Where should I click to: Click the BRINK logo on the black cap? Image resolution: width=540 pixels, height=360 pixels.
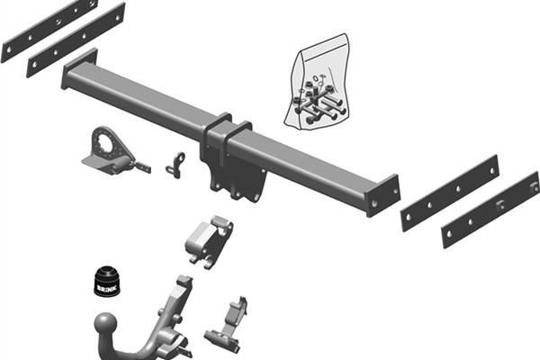107,288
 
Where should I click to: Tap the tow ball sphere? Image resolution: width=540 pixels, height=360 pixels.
105,324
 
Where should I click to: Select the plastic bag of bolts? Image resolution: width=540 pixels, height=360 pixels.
317,82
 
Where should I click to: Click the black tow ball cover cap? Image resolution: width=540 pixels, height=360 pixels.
107,281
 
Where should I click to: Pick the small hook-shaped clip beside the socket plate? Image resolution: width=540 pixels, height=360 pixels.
175,165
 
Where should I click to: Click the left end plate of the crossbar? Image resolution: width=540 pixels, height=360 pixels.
79,68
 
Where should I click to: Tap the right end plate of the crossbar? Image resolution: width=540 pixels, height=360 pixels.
382,195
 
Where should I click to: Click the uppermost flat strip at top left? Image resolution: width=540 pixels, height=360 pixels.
49,31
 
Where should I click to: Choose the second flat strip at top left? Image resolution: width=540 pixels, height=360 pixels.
76,40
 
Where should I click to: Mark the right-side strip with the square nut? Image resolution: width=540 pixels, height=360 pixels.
490,210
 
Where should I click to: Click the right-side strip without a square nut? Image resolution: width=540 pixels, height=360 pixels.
450,193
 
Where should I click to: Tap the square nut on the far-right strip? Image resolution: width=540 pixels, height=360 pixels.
500,204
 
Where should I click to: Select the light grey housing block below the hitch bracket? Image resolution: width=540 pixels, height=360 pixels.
210,242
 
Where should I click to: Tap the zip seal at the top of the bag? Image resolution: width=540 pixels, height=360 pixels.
323,43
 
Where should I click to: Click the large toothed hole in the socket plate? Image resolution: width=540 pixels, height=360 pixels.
109,146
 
